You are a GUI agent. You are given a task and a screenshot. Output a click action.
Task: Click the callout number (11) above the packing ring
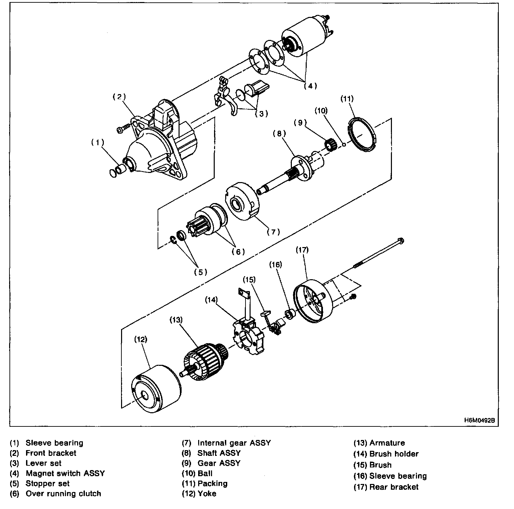pyautogui.click(x=347, y=99)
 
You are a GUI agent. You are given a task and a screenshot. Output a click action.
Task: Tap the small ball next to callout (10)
pyautogui.click(x=344, y=145)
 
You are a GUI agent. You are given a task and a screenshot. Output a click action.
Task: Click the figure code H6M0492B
pyautogui.click(x=479, y=420)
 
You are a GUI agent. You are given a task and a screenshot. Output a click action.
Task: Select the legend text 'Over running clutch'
pyautogui.click(x=63, y=494)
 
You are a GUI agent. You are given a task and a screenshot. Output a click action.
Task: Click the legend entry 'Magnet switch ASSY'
pyautogui.click(x=65, y=473)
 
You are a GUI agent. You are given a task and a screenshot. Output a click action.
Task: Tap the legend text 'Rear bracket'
pyautogui.click(x=394, y=487)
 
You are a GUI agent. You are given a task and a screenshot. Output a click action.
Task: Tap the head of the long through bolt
pyautogui.click(x=401, y=241)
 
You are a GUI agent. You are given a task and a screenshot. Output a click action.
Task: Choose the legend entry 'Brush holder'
pyautogui.click(x=394, y=454)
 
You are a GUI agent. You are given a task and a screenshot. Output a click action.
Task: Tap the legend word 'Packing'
pyautogui.click(x=212, y=484)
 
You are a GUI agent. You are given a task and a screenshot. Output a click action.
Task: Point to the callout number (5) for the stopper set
pyautogui.click(x=201, y=272)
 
